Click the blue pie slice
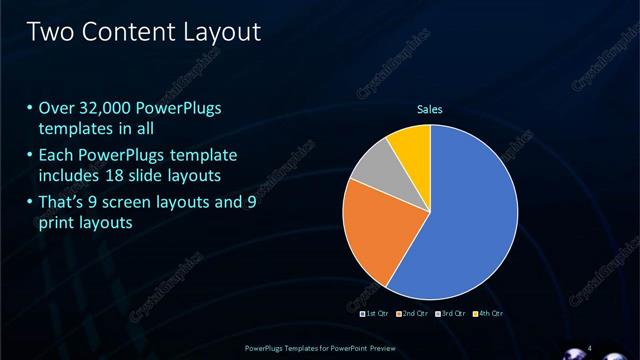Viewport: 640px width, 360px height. point(470,215)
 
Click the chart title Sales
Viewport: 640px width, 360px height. point(430,109)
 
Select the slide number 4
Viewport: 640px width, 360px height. point(590,347)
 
